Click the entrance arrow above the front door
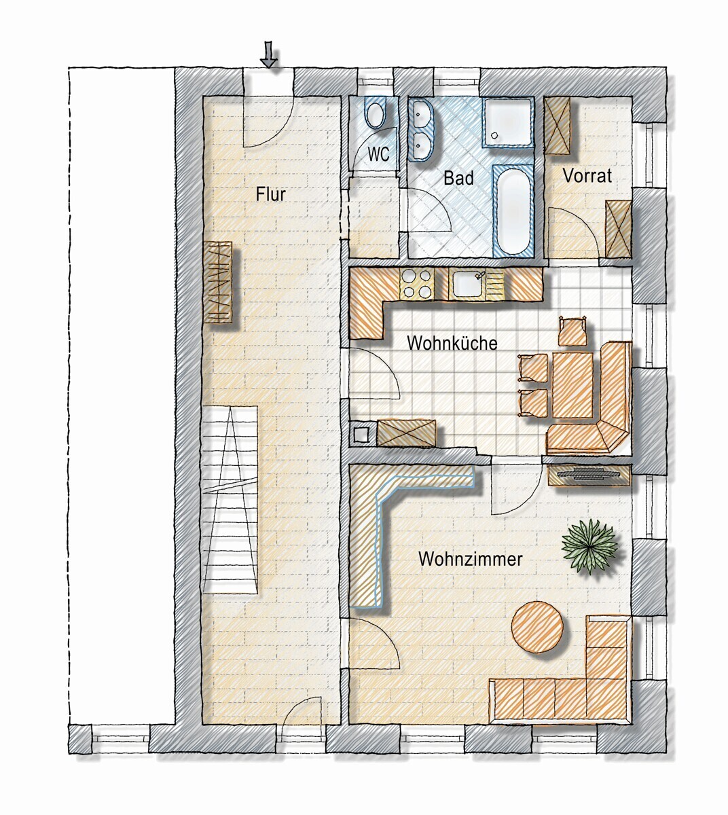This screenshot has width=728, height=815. pyautogui.click(x=269, y=55)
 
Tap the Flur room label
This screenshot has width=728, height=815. pyautogui.click(x=271, y=194)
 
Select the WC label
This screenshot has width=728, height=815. pyautogui.click(x=378, y=153)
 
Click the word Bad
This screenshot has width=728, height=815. pyautogui.click(x=458, y=178)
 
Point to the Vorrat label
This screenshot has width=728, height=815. pyautogui.click(x=587, y=176)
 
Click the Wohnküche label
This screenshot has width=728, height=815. pyautogui.click(x=452, y=343)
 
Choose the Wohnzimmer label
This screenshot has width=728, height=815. pyautogui.click(x=470, y=559)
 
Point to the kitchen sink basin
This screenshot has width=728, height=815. pyautogui.click(x=468, y=284)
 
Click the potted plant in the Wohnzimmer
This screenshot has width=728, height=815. pyautogui.click(x=589, y=546)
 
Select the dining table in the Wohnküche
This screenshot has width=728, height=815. pyautogui.click(x=572, y=384)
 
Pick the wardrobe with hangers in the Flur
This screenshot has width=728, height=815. pyautogui.click(x=218, y=283)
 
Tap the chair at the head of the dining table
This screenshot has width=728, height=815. pyautogui.click(x=572, y=331)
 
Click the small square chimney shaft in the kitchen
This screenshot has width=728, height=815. pyautogui.click(x=361, y=433)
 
